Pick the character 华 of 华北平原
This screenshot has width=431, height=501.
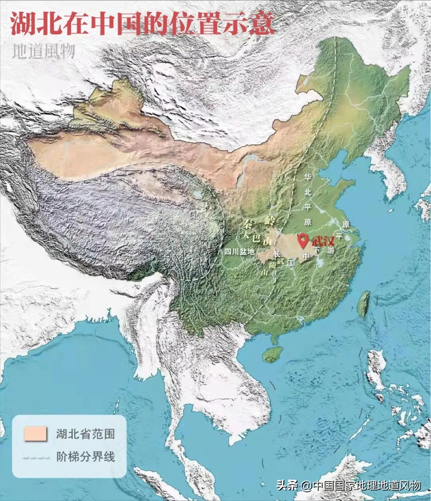[x=308, y=176]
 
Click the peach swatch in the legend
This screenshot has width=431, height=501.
[x=35, y=434]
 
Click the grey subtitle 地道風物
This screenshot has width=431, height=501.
[x=43, y=51]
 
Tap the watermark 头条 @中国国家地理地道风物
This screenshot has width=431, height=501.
[x=349, y=485]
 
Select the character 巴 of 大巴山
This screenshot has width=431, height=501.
[x=256, y=239]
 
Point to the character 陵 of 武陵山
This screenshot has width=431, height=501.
[x=273, y=265]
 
